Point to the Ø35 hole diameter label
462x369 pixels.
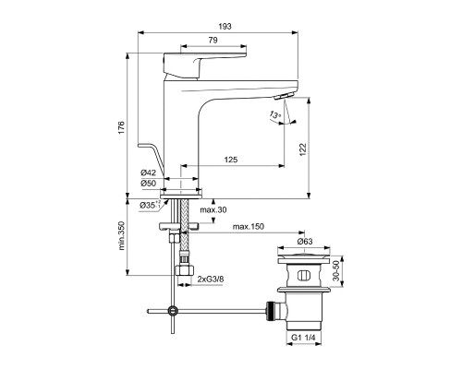146,204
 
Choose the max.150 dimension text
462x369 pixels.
248,227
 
